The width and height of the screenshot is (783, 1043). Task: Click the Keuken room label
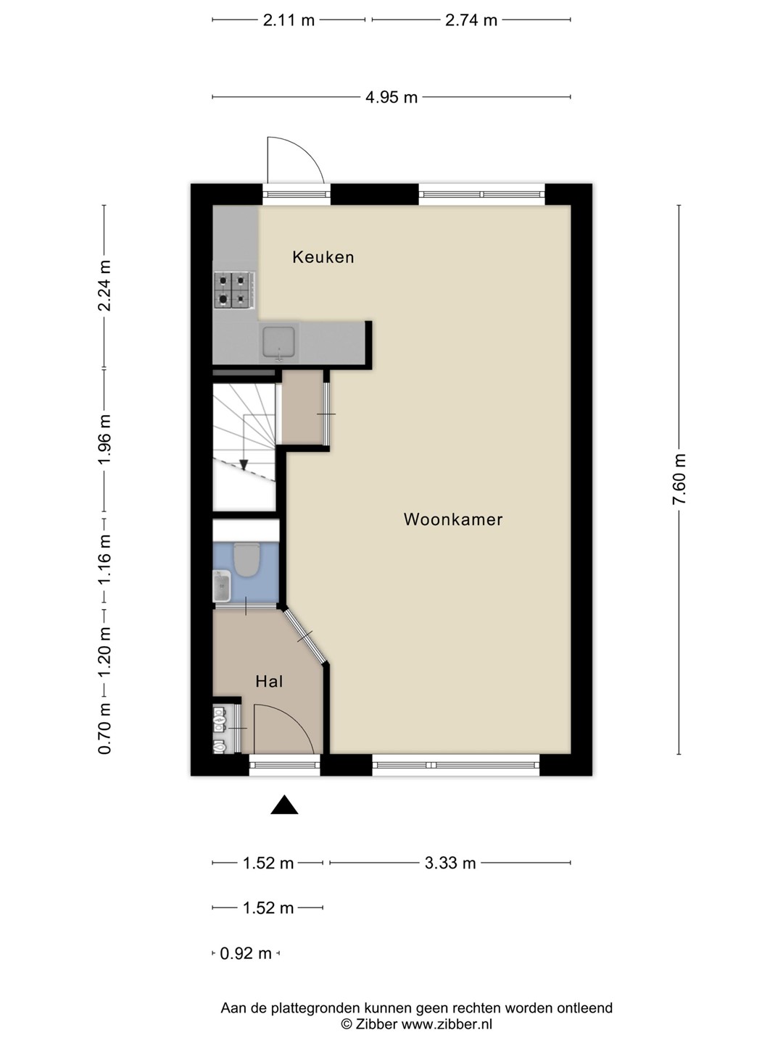(x=323, y=257)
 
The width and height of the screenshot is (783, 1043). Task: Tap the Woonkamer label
(x=453, y=519)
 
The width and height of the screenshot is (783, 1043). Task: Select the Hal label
(x=269, y=682)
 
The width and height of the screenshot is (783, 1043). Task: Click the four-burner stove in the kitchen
(x=234, y=290)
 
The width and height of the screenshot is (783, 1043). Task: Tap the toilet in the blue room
(x=246, y=560)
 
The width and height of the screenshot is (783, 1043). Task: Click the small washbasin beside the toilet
(x=222, y=586)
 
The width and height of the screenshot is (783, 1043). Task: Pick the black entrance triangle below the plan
(x=284, y=805)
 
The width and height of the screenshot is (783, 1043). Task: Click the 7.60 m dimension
(x=679, y=479)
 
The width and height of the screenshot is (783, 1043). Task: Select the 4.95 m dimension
(x=391, y=97)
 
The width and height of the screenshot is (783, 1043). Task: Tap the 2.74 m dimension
(x=471, y=20)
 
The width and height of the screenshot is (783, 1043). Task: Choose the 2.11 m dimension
(x=289, y=20)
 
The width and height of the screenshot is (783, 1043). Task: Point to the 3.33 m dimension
(x=450, y=863)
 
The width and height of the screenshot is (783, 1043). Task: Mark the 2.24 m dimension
(x=104, y=286)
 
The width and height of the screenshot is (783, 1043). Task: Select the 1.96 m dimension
(x=104, y=441)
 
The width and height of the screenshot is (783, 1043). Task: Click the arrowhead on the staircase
(x=244, y=464)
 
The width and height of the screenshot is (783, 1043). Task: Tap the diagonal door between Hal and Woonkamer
(x=305, y=636)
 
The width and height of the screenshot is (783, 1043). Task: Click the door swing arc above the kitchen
(x=304, y=152)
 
